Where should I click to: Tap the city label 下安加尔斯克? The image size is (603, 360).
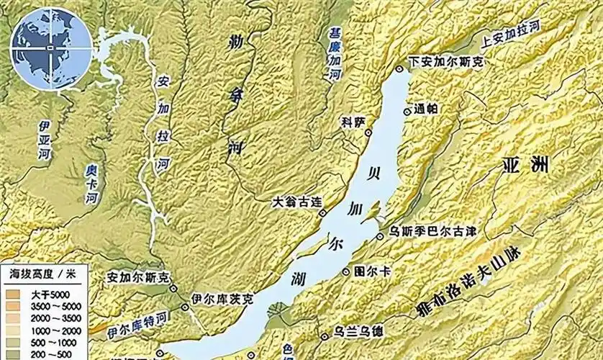pos(447,63)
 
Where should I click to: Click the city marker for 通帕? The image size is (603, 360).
pos(408,111)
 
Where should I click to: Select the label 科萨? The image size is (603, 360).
pos(355,122)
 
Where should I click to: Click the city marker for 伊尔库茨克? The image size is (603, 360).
pos(186,307)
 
